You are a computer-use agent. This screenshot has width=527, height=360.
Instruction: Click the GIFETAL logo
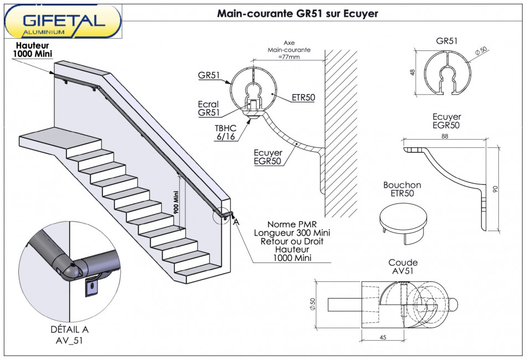tap(63, 22)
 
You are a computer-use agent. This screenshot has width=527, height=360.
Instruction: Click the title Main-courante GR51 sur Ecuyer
tap(297, 13)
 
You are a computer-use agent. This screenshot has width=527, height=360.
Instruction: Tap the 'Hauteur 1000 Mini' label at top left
tap(32, 49)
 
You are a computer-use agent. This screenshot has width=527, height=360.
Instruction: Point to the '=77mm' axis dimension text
tap(289, 56)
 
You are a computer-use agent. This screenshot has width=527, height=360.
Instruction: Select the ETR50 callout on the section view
tap(303, 97)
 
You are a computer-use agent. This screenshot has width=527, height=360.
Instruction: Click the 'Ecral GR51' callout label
tap(208, 108)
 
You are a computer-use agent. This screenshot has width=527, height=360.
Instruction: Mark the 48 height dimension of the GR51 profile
tap(414, 73)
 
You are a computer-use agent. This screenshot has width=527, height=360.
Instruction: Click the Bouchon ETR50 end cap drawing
tap(402, 220)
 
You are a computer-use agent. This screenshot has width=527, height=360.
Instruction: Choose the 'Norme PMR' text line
tap(291, 224)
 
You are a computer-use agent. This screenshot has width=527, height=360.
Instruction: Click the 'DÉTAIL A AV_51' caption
tap(69, 335)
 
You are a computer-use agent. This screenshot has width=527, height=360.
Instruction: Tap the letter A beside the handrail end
tap(236, 222)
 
